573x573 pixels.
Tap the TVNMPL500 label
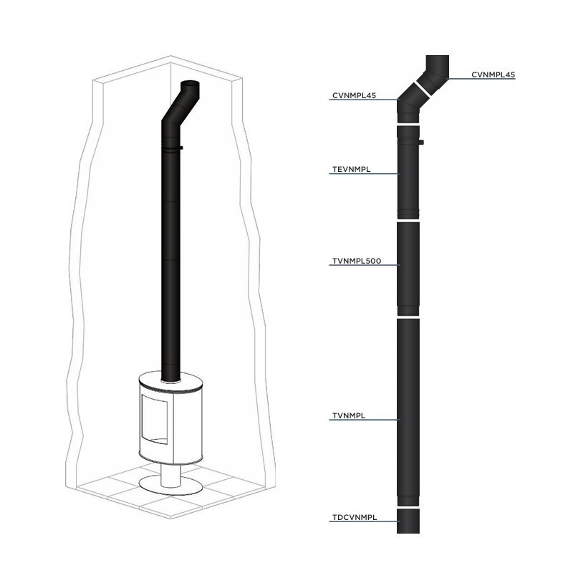[x=355, y=261]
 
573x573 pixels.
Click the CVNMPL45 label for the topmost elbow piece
[x=493, y=74]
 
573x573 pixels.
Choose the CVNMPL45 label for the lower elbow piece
[x=354, y=95]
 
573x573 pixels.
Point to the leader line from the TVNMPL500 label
[x=390, y=266]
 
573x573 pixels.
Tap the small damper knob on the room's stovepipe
[x=181, y=148]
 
